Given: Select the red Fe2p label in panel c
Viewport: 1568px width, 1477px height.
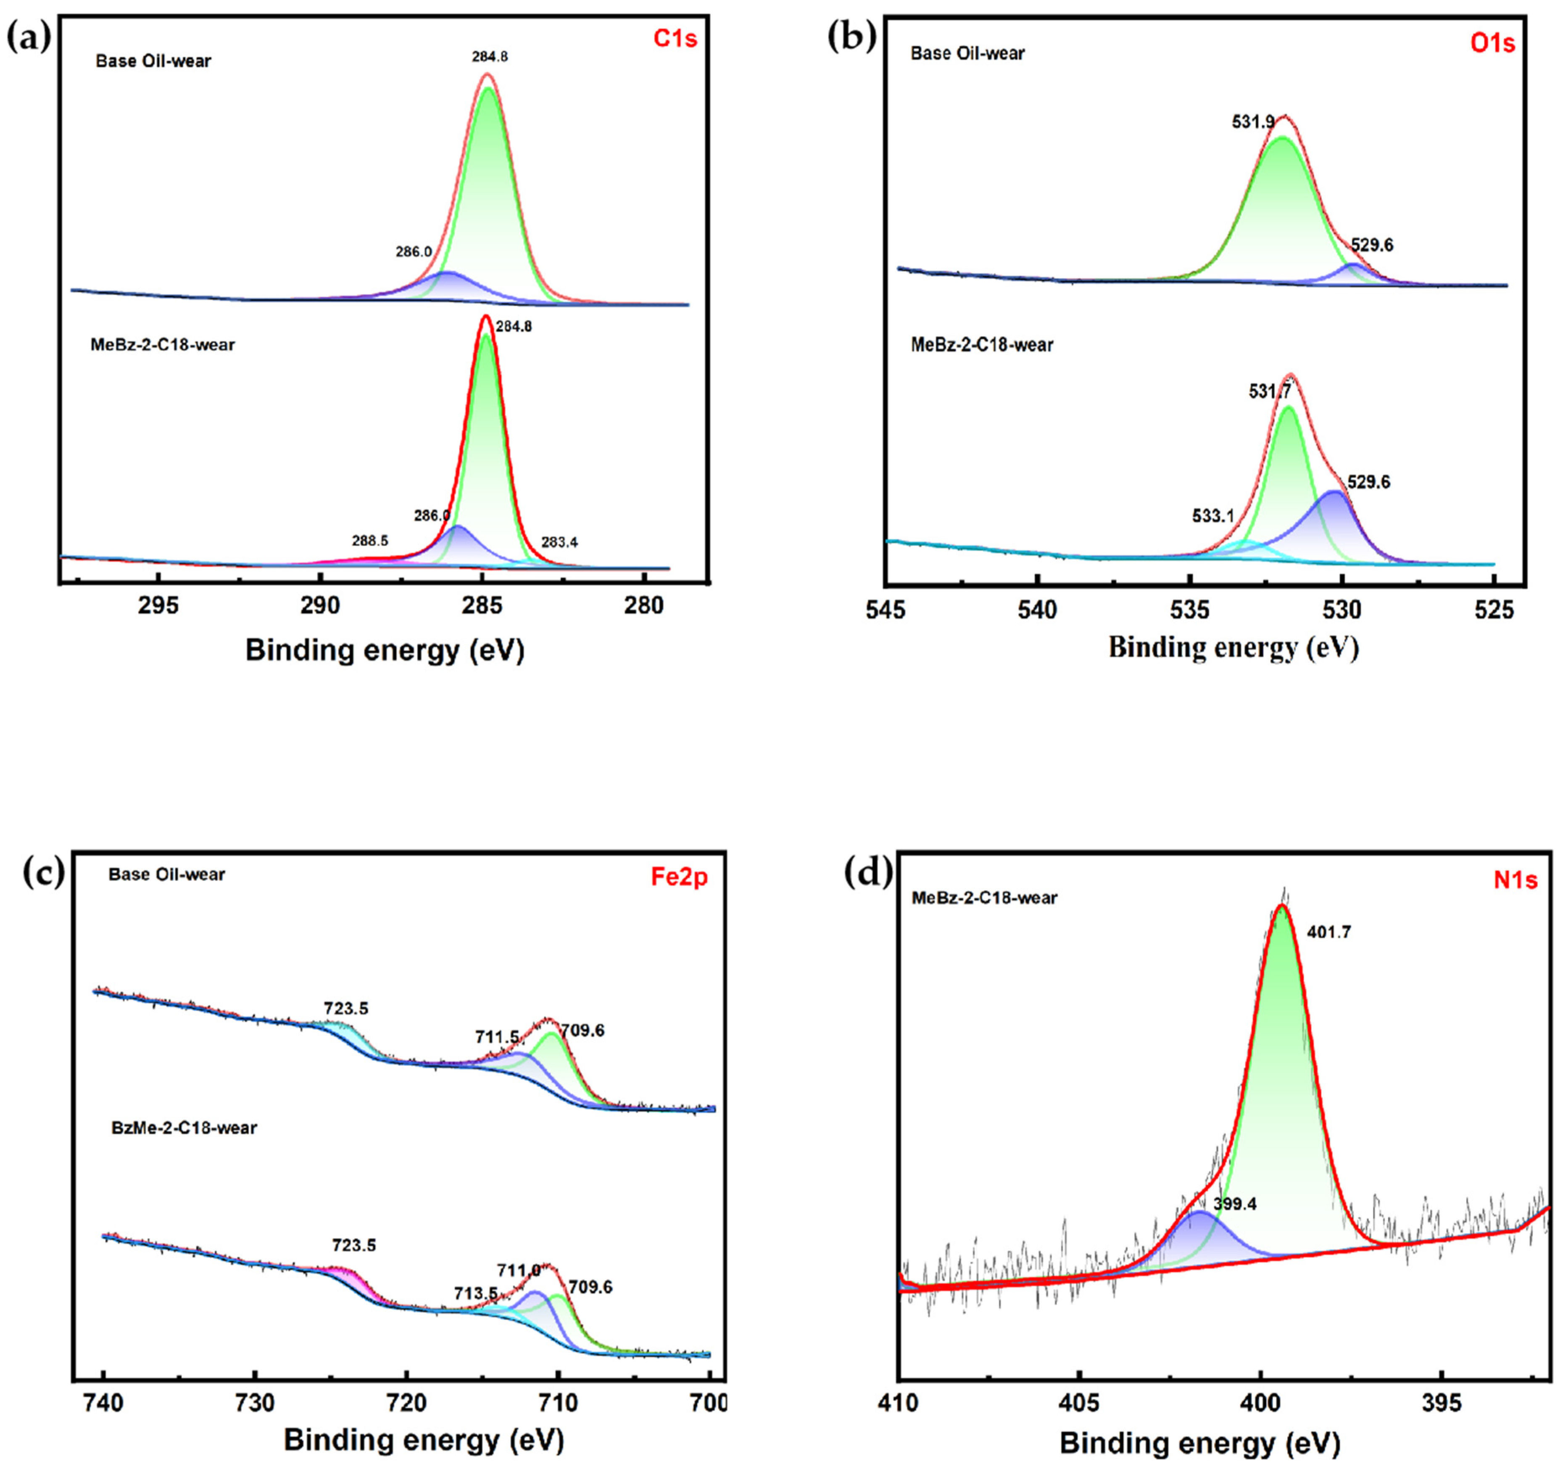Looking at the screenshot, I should [x=679, y=877].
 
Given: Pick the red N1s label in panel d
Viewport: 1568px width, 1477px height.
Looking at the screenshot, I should [x=1515, y=880].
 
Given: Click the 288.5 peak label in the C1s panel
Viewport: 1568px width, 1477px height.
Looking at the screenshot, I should [x=370, y=541].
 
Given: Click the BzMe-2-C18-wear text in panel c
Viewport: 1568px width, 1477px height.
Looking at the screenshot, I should [x=184, y=1128].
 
